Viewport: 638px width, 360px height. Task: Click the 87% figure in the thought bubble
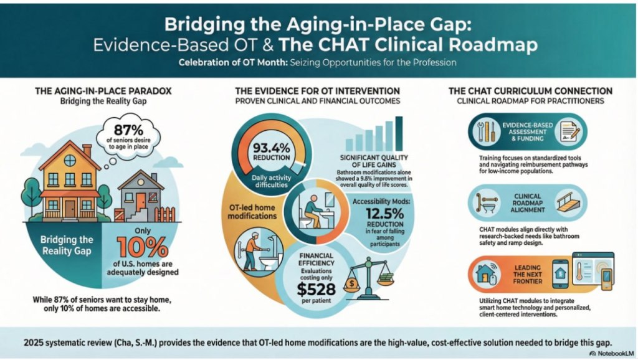(128, 130)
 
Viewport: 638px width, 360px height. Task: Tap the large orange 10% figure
(143, 247)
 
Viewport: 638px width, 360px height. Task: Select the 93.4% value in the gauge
(272, 147)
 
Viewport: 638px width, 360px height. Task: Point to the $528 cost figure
(316, 289)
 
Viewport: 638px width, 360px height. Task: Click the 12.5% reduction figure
(384, 214)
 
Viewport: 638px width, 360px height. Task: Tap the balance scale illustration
(369, 278)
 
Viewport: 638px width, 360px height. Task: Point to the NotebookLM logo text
(615, 354)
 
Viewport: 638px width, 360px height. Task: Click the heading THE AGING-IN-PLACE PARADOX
(103, 91)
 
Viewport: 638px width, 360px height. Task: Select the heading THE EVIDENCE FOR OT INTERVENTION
(317, 91)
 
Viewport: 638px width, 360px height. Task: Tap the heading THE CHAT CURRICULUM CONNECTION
(530, 91)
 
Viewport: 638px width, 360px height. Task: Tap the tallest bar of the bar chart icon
(399, 134)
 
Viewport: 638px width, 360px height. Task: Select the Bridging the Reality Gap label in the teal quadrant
(66, 245)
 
